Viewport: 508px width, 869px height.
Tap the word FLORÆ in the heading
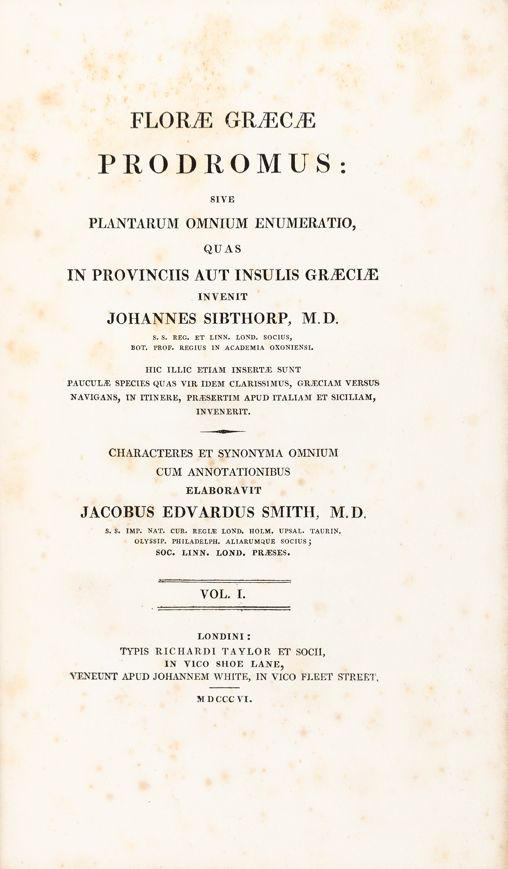[x=171, y=121]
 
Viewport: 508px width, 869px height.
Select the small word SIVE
[x=223, y=199]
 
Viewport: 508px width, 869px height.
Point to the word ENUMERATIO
[x=305, y=223]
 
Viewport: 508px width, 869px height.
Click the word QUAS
[x=223, y=248]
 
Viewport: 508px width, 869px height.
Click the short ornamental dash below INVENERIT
[x=223, y=431]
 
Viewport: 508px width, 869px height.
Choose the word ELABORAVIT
[x=224, y=491]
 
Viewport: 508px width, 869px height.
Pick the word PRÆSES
[x=271, y=552]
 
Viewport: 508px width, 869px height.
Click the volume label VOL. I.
[x=223, y=593]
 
